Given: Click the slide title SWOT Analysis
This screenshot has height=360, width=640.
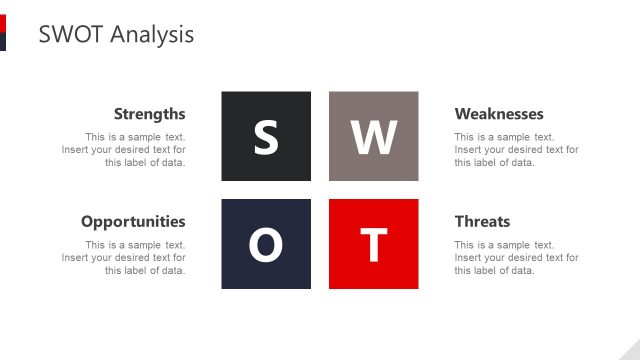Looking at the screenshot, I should [116, 34].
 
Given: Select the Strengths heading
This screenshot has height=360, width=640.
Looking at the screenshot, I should [149, 114].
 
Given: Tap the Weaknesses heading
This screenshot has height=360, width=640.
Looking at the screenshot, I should [499, 114].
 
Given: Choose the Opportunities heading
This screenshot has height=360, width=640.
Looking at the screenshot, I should [133, 221].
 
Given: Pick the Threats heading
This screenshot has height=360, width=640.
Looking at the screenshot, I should [482, 221].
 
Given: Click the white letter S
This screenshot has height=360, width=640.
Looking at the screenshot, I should [265, 137].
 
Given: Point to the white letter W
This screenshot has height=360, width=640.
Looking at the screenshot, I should [374, 137].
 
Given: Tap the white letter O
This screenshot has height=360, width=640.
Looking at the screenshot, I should [265, 245].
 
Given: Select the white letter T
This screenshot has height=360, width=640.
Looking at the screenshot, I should [374, 245].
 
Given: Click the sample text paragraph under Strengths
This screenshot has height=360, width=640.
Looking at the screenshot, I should [124, 150].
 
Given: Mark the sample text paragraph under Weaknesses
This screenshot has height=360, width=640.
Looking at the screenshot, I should [516, 150].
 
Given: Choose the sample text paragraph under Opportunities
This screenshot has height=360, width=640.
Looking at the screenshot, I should [124, 258].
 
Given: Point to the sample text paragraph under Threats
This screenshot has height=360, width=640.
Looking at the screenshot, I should [516, 258].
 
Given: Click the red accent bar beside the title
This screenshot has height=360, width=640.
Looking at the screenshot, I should [3, 23].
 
